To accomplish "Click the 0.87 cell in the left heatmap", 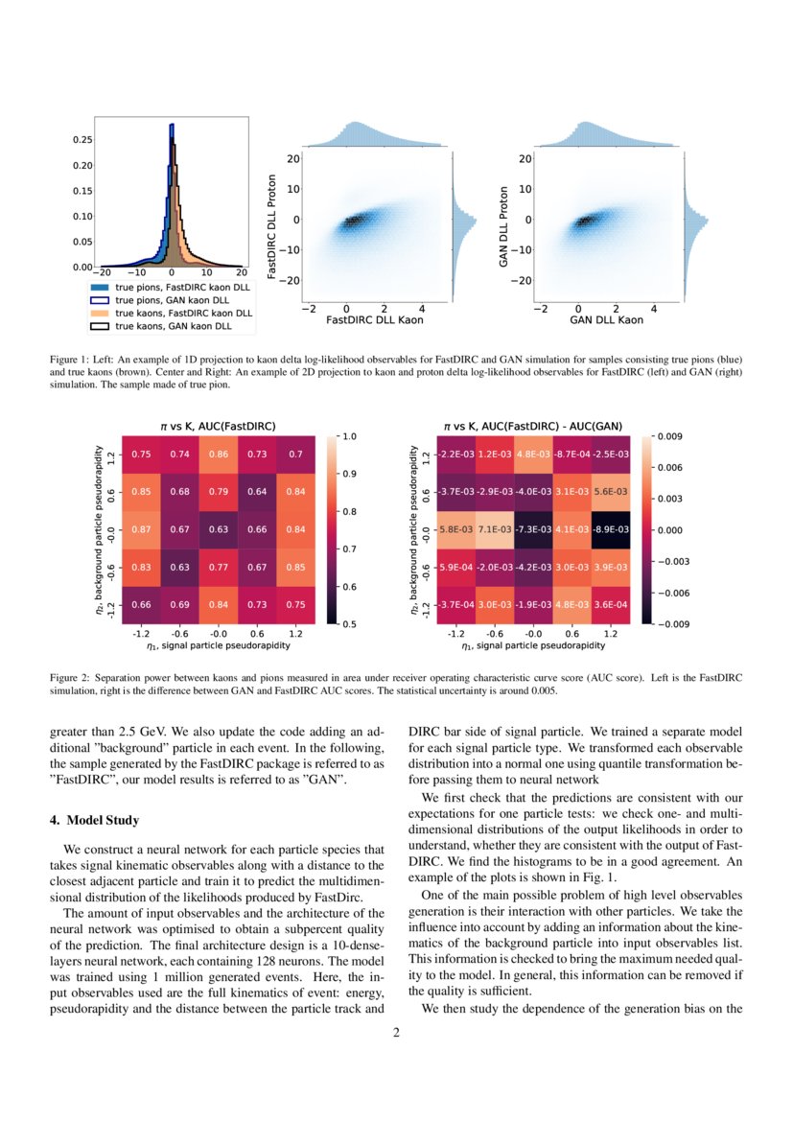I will click(x=141, y=529).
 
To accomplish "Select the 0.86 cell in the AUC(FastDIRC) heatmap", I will click(x=219, y=455).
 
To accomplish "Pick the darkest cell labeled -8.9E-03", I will click(x=610, y=529).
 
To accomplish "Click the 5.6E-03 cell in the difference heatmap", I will click(x=610, y=492).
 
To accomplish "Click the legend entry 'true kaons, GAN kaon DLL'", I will click(x=174, y=326).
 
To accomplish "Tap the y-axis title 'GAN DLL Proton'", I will click(x=504, y=226).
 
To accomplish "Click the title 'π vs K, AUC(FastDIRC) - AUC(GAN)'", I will click(x=532, y=425).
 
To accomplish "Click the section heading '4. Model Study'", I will click(x=94, y=820).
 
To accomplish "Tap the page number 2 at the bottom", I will click(x=396, y=1033).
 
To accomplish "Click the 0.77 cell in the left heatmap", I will click(x=219, y=567).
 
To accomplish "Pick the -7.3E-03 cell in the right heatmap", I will click(x=533, y=529).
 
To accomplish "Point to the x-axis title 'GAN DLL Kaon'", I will click(x=606, y=319).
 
